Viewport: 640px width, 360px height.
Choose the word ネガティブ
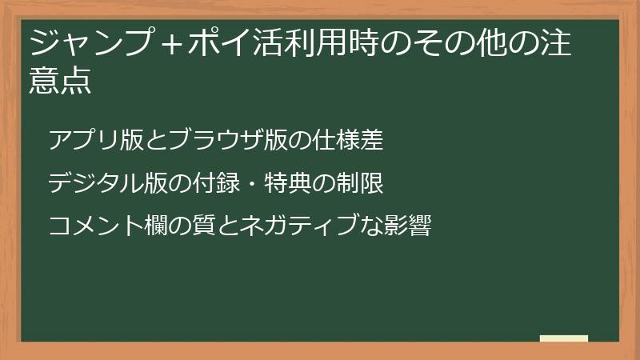click(x=303, y=226)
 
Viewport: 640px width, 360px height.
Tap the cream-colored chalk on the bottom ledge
click(x=564, y=338)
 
